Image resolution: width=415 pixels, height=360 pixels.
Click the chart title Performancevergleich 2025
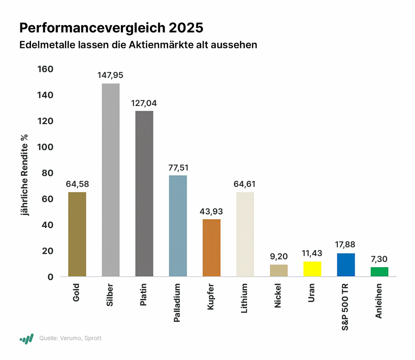point(111,28)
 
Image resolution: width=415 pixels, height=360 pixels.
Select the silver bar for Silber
point(111,180)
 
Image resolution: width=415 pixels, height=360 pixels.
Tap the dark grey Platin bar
point(144,193)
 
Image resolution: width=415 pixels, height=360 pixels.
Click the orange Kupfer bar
point(211,248)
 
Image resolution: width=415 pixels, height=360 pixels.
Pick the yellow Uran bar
point(312,269)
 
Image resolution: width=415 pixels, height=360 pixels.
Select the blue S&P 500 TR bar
point(346,265)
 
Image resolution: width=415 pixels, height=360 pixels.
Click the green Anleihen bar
point(379,271)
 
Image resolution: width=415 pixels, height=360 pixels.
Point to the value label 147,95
point(111,75)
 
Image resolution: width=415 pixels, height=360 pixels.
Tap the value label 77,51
point(178,167)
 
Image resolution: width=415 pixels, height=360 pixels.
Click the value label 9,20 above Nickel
point(279,257)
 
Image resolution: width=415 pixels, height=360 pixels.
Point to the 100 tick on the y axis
point(45,147)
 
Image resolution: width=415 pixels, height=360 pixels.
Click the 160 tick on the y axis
point(45,69)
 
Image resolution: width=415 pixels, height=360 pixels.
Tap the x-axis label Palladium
point(178,304)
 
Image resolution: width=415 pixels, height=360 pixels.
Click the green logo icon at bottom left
point(26,338)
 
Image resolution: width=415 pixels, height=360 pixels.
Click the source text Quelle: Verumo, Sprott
point(70,338)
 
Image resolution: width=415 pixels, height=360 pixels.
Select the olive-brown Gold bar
point(77,234)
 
